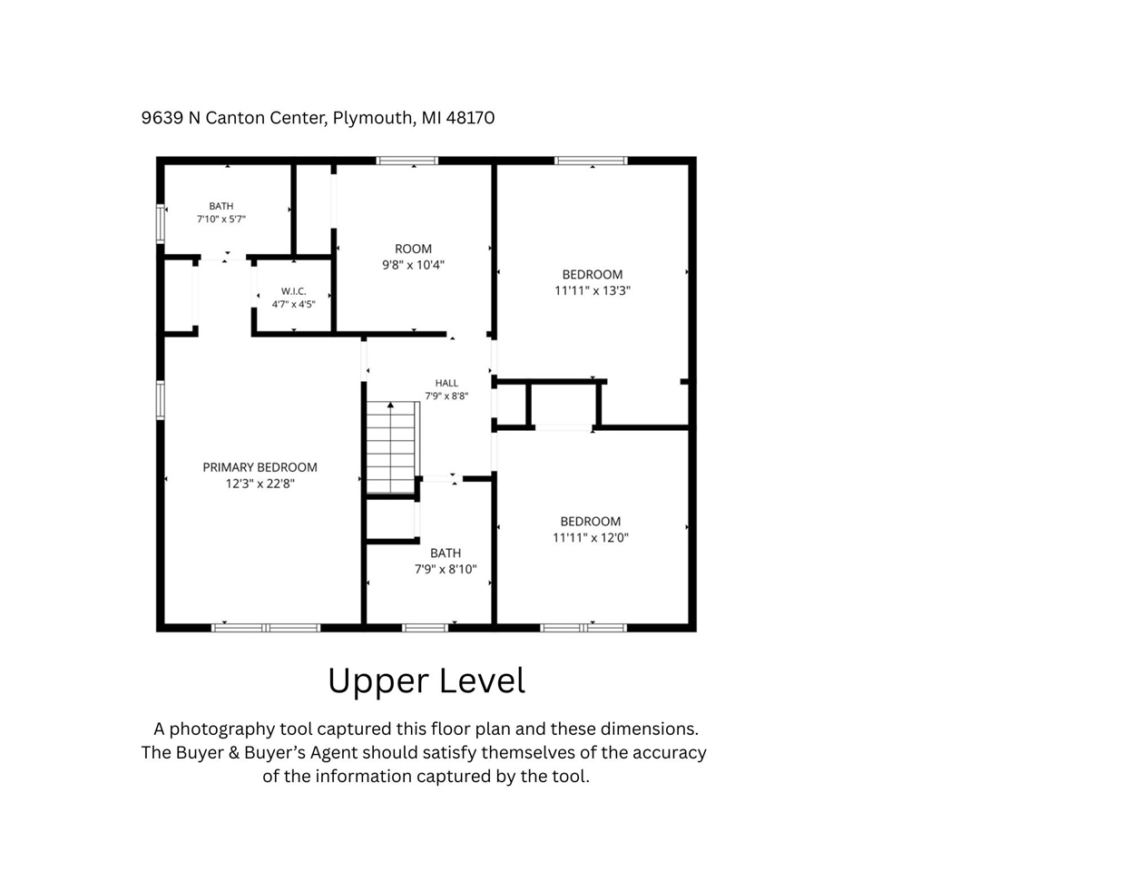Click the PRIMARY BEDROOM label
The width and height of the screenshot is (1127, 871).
[260, 467]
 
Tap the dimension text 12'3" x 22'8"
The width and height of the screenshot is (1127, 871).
[260, 484]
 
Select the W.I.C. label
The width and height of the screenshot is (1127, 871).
[294, 291]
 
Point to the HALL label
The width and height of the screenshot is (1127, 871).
[446, 383]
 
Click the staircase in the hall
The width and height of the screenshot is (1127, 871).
[392, 447]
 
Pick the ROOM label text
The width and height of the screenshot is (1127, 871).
[414, 249]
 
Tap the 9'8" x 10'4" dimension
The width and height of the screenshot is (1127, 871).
[414, 265]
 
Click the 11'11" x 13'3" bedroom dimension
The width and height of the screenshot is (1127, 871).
[593, 290]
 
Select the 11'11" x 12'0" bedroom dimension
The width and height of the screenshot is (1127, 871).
[590, 538]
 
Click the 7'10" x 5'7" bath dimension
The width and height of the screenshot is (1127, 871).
[220, 219]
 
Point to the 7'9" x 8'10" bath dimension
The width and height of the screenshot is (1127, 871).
[446, 569]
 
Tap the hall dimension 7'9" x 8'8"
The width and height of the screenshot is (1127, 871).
[446, 396]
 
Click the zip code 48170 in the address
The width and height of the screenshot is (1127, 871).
[470, 118]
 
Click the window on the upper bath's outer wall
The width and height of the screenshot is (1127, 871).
[161, 224]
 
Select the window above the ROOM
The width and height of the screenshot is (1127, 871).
[407, 161]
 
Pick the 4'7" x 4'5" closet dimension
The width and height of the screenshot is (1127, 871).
[294, 304]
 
